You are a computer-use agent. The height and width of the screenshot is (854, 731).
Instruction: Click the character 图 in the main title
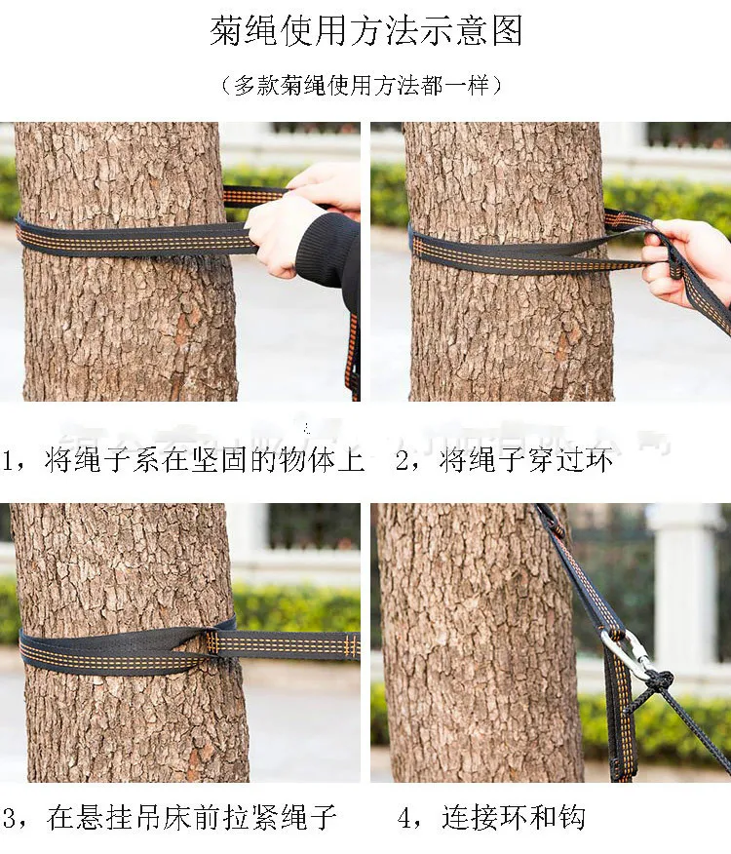(x=507, y=30)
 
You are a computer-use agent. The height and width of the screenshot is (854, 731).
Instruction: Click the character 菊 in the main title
(x=226, y=30)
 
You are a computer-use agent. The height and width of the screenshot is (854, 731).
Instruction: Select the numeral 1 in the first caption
(x=8, y=460)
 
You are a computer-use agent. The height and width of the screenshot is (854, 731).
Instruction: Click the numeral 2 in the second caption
(x=403, y=460)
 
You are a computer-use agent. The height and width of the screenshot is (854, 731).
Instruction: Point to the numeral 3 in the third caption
(x=10, y=818)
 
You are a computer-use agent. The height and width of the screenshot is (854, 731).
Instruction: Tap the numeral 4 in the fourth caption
(x=404, y=818)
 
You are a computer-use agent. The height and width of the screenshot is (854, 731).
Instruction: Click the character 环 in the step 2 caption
(x=598, y=460)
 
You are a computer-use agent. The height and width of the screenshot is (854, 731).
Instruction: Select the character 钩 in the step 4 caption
(x=571, y=818)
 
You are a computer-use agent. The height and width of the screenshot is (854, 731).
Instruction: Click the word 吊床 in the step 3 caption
(x=164, y=818)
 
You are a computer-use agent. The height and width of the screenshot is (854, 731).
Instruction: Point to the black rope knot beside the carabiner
(x=659, y=680)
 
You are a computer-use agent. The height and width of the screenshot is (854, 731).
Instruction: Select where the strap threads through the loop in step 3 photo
(x=211, y=642)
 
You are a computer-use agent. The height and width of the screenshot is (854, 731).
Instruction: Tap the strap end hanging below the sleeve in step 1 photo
(x=353, y=355)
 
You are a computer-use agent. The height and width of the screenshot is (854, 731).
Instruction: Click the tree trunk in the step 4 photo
(x=480, y=642)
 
